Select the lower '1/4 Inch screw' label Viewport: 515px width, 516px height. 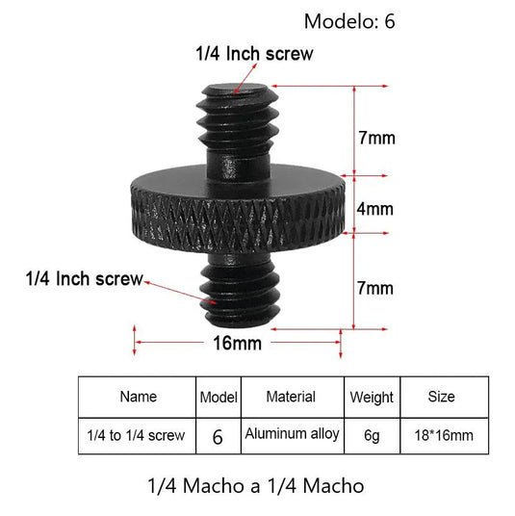pos(85,279)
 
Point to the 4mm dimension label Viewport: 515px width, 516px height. pos(375,208)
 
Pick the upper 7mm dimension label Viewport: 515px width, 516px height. pos(375,138)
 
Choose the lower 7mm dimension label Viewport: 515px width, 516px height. pos(375,288)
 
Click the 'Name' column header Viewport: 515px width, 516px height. pos(138,396)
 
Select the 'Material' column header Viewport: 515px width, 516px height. pos(291,396)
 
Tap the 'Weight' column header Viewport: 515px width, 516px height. pos(372,397)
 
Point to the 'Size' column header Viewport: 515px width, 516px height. pos(442,396)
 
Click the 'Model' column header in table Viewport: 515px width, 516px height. pos(218,397)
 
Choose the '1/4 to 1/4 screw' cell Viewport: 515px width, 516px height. pos(138,435)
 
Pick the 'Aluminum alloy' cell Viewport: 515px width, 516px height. pos(292,434)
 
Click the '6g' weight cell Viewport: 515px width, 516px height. pos(372,435)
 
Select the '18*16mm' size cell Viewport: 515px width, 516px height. pos(442,435)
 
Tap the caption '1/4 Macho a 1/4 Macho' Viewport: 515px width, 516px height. pos(257,485)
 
